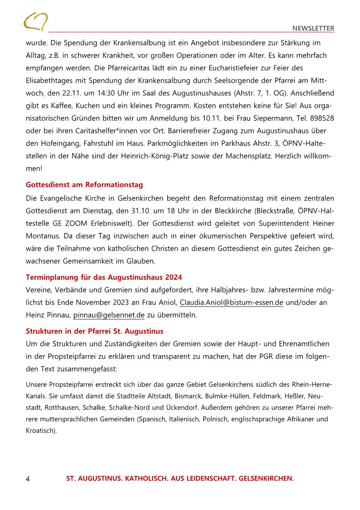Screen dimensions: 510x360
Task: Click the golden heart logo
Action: (35, 22)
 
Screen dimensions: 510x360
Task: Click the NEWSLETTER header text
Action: (313, 29)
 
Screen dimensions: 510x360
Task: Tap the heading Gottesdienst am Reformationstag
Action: (84, 185)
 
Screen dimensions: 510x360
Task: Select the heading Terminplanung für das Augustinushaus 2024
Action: (104, 277)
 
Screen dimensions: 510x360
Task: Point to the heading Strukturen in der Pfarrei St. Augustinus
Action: (95, 331)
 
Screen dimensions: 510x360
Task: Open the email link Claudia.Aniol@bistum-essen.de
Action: (231, 303)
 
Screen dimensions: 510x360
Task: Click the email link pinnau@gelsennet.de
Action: (109, 315)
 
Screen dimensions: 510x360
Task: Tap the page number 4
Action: (28, 479)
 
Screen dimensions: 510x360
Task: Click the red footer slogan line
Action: (180, 478)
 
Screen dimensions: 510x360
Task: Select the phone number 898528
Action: (321, 119)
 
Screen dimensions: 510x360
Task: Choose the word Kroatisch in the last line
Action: (40, 430)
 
